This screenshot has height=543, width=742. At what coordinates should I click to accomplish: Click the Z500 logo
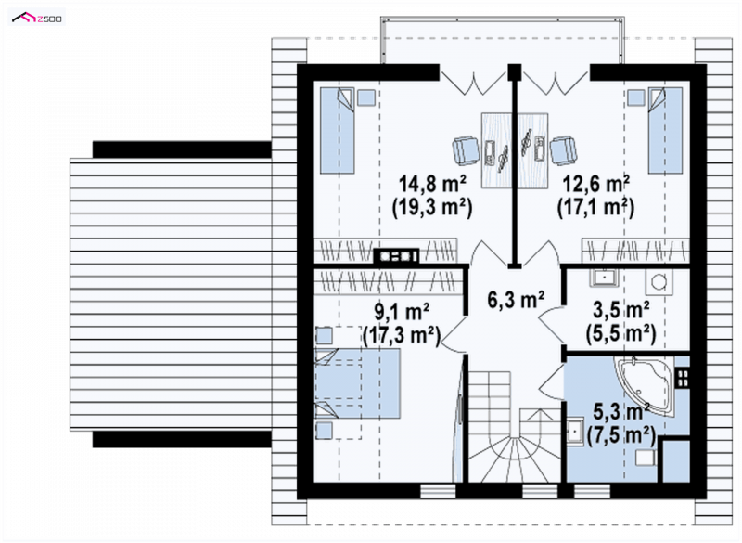click(x=37, y=18)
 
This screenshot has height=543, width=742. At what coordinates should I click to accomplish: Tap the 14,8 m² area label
click(x=432, y=184)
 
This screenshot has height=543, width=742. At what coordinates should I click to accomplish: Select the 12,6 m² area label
click(x=595, y=184)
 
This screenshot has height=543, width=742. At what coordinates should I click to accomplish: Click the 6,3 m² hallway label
click(x=516, y=299)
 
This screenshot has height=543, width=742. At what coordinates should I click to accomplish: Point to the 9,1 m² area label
click(x=402, y=312)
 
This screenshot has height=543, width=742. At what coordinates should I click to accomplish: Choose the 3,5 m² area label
click(x=620, y=311)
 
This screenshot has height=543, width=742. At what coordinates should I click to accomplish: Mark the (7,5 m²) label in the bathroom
click(x=620, y=434)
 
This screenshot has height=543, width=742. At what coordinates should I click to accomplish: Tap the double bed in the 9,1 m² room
click(x=358, y=384)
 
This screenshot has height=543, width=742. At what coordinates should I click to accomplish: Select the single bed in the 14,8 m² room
click(x=338, y=130)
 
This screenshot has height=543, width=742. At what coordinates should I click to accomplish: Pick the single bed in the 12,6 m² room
click(x=665, y=130)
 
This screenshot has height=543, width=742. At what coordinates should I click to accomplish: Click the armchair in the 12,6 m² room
click(x=564, y=151)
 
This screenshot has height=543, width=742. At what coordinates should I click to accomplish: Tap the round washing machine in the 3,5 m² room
click(x=659, y=282)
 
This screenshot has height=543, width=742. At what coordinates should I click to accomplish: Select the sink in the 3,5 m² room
click(x=602, y=278)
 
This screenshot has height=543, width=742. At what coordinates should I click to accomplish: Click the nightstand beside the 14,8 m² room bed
click(x=366, y=97)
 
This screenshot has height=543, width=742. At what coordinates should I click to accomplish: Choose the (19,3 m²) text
click(x=432, y=207)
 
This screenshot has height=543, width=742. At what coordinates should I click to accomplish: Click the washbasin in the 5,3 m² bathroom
click(x=575, y=432)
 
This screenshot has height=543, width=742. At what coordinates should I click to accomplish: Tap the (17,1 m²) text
click(x=595, y=207)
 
